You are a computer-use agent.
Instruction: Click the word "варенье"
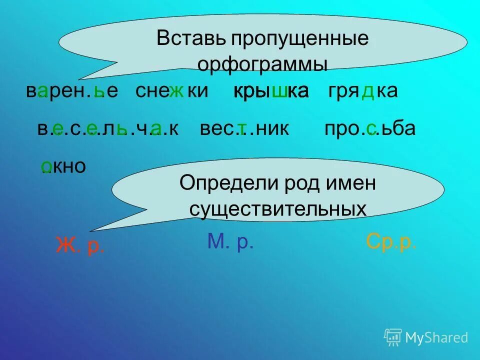coord(72,91)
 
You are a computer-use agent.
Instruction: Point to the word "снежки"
coord(171,91)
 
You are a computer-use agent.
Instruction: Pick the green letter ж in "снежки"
coord(176,91)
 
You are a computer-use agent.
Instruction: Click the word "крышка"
coord(271,91)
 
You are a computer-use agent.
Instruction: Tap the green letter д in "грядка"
coord(367,91)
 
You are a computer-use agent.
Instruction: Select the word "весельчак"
coord(107,129)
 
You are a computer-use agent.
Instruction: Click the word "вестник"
coord(244,129)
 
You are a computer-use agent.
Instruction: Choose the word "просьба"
coord(370,129)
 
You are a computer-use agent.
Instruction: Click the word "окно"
coord(63,166)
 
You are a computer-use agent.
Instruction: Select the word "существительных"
coord(277,209)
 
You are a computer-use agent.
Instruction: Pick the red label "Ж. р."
coord(80,246)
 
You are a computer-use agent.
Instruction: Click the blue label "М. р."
coord(230,242)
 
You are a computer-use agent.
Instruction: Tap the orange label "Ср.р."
coord(391,242)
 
